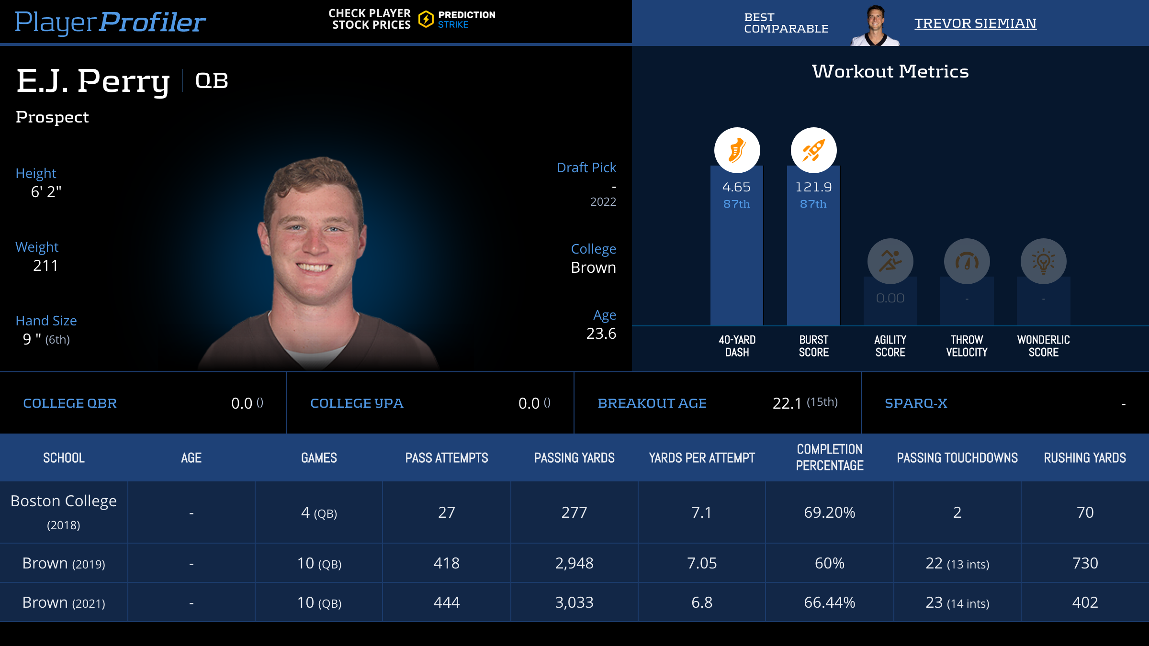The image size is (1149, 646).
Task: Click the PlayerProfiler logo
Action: pos(110,22)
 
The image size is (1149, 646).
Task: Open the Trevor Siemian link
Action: pos(975,23)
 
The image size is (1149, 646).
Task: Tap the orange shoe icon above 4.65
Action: pos(737,150)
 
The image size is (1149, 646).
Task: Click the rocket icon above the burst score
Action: pos(813,150)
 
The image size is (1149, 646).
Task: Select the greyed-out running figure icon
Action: pos(890,261)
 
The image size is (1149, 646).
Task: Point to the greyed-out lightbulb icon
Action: pos(1043,261)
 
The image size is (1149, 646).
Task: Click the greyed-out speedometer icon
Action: pos(967,261)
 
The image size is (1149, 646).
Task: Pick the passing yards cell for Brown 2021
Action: pos(574,602)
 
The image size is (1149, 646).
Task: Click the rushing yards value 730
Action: pos(1085,563)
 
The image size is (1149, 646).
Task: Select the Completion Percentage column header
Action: pos(829,457)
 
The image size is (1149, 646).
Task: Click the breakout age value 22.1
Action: pos(787,403)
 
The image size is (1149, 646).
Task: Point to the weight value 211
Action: pos(45,266)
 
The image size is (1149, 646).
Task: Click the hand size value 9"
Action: pos(32,339)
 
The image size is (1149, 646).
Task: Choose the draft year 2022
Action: pos(603,202)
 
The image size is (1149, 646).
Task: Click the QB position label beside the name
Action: pos(212,81)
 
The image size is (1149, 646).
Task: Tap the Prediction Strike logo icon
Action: pos(426,20)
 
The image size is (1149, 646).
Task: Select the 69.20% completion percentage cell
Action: pos(829,512)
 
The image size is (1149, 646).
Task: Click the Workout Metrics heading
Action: pos(890,72)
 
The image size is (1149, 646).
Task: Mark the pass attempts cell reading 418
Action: pos(446,563)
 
